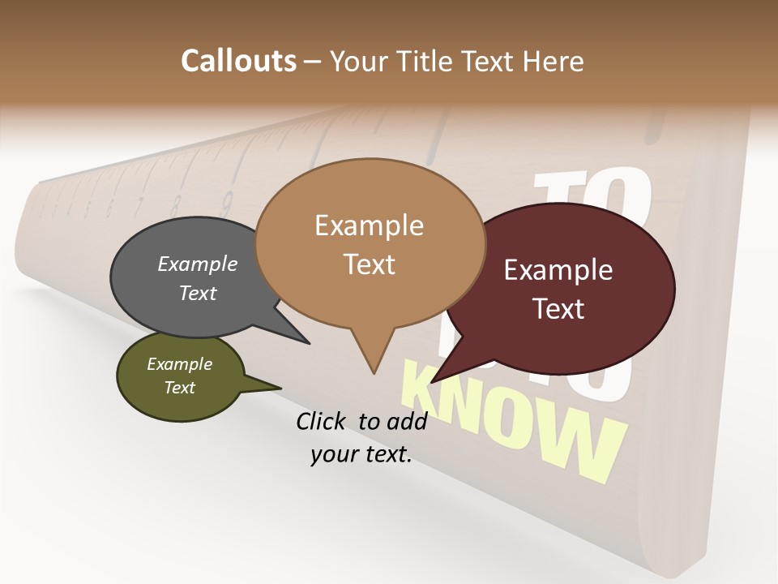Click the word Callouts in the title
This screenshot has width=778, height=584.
[238, 61]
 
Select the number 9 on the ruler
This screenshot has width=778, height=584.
[228, 198]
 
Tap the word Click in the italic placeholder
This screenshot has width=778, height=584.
[323, 421]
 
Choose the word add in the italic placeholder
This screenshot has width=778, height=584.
[406, 421]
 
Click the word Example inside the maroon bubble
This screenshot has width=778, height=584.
[558, 270]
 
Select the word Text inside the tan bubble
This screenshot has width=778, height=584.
[370, 264]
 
